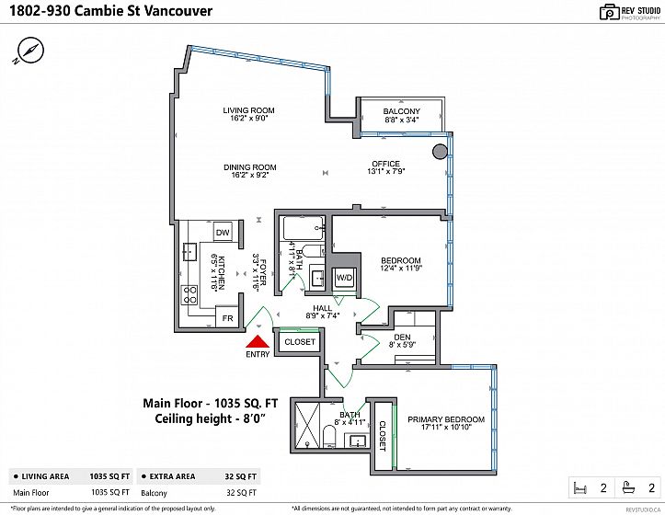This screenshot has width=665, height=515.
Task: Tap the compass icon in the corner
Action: click(30, 50)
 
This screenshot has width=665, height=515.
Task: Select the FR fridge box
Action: click(227, 318)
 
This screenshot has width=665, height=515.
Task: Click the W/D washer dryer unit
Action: click(344, 277)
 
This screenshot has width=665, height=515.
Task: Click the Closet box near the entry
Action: click(299, 342)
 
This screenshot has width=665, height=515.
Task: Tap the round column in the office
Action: click(441, 151)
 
